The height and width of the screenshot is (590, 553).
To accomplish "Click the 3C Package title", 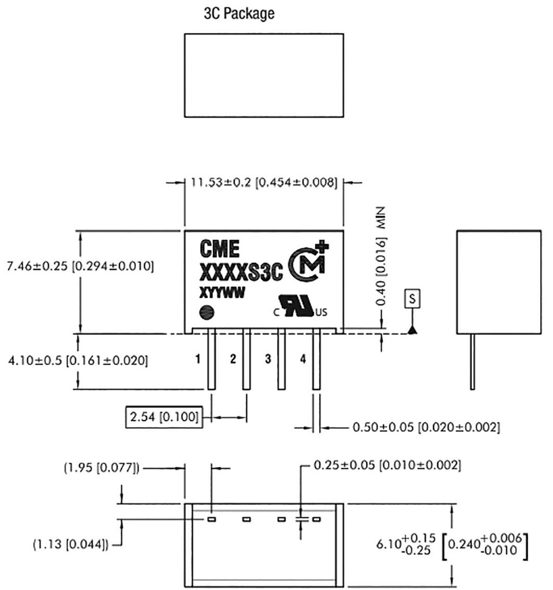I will pyautogui.click(x=239, y=14).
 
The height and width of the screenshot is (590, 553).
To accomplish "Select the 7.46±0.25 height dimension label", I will pyautogui.click(x=80, y=266).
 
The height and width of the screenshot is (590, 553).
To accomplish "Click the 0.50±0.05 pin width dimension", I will pyautogui.click(x=426, y=428).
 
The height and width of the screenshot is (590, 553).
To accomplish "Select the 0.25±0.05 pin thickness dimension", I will pyautogui.click(x=387, y=464).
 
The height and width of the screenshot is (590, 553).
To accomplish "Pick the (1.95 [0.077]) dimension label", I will pyautogui.click(x=101, y=468).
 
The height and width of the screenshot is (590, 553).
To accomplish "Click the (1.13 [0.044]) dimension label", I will pyautogui.click(x=70, y=543).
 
